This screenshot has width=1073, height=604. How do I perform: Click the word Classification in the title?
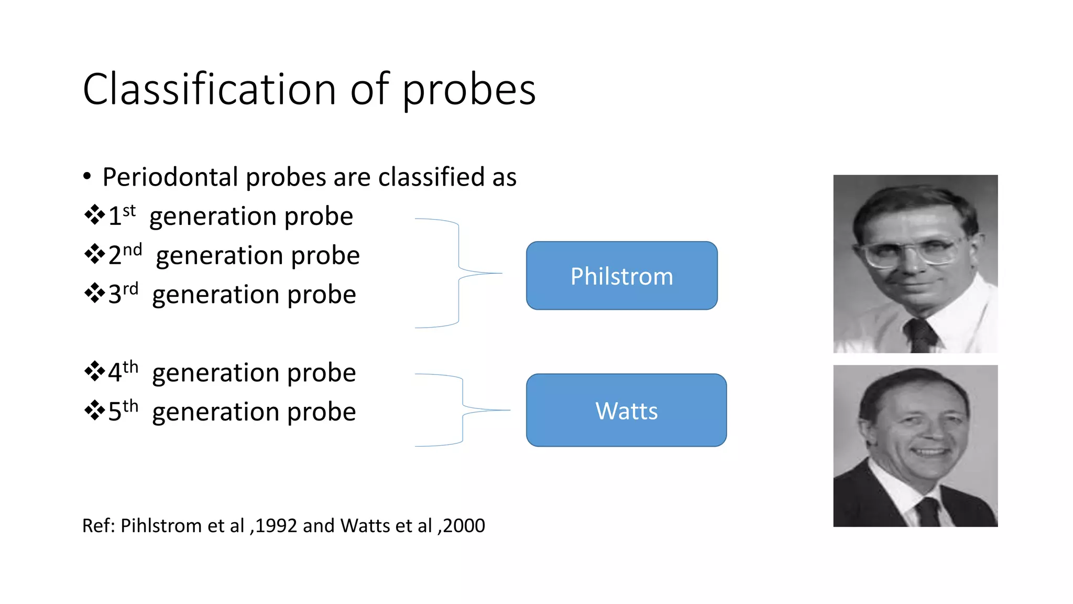point(209,89)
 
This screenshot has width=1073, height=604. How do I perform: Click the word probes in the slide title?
point(468,90)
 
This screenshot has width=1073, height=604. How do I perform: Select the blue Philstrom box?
point(621,276)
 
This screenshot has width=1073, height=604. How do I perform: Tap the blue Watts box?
point(626,411)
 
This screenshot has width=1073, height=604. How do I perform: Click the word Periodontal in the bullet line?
point(170,177)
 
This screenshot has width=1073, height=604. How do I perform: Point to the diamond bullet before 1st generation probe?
point(94,215)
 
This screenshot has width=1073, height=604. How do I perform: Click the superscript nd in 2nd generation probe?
point(133,250)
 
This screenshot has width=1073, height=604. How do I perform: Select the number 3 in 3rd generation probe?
point(115,295)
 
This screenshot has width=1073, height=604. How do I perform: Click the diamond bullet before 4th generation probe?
point(94,371)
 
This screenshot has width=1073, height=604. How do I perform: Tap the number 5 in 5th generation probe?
point(115,412)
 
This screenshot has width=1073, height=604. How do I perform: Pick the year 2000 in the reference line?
point(464,526)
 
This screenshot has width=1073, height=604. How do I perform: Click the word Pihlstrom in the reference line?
point(160,526)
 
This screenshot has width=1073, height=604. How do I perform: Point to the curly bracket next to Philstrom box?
point(459,273)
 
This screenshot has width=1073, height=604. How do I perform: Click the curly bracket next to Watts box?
point(463,410)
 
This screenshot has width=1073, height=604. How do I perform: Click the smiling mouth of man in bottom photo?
point(930,451)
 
